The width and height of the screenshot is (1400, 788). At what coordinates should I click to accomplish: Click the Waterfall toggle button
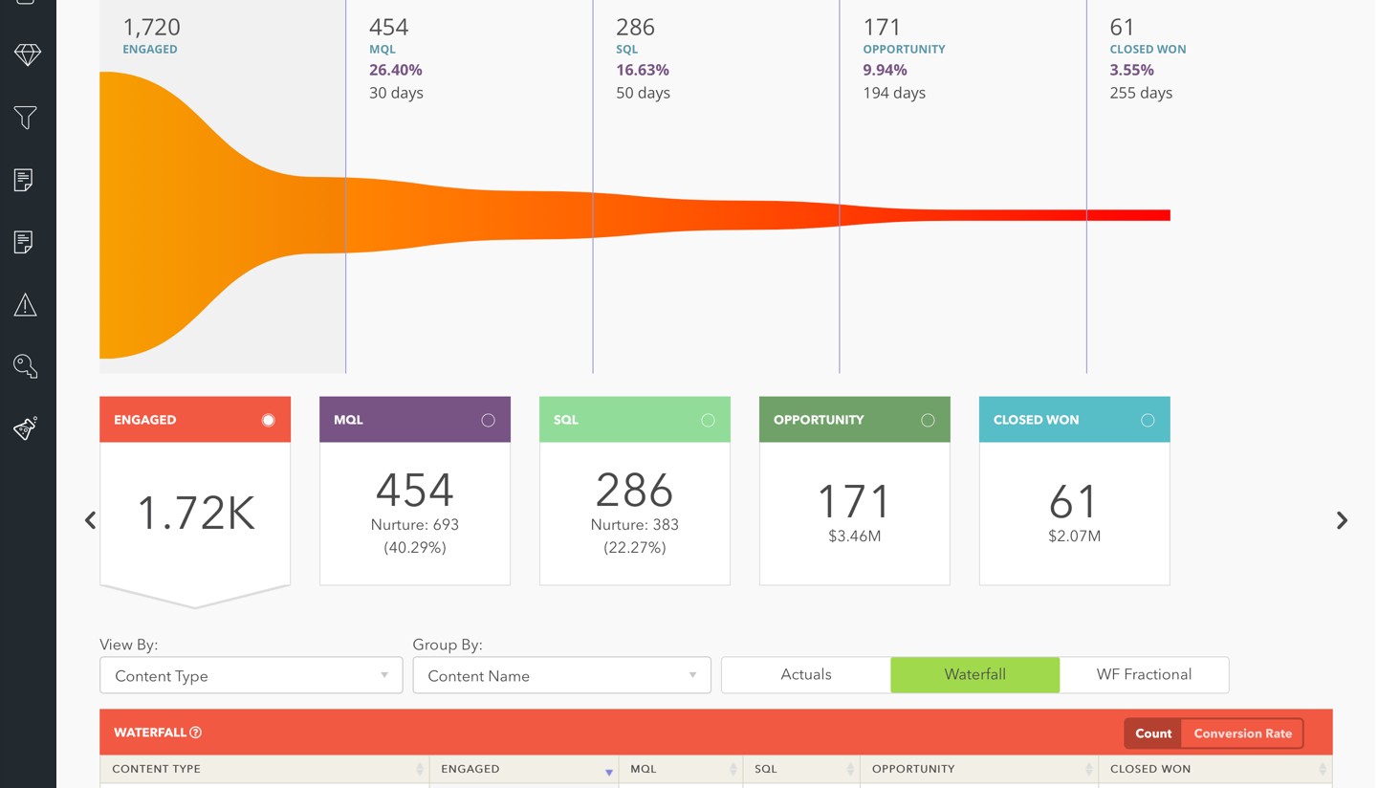point(974,674)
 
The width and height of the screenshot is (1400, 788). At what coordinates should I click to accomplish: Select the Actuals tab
point(805,674)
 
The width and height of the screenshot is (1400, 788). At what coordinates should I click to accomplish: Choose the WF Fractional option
point(1144,674)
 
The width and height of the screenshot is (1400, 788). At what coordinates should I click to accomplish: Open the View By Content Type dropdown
point(251,675)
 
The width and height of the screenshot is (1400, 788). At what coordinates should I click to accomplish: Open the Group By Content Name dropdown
point(561,675)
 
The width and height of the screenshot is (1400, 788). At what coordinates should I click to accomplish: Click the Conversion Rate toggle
point(1242,733)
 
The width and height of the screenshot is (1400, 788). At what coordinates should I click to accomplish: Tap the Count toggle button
point(1152,733)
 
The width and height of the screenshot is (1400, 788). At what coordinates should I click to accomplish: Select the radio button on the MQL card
point(488,420)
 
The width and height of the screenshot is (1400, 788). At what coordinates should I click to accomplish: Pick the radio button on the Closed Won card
point(1148,420)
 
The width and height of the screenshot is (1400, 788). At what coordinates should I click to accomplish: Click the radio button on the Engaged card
point(268,420)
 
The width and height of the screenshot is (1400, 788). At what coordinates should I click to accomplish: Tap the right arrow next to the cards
point(1342,520)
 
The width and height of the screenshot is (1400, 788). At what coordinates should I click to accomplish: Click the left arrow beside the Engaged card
point(91,520)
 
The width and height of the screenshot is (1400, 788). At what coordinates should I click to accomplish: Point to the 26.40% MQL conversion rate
point(395,70)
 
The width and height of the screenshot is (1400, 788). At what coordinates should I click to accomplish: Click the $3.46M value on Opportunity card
point(854,536)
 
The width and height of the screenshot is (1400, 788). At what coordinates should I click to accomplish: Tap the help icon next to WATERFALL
point(196,733)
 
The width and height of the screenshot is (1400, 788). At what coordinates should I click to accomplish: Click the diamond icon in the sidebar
point(27,55)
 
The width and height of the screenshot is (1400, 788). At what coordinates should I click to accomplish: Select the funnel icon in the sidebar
point(26,117)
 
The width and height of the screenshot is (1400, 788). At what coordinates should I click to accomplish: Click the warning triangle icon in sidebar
point(26,305)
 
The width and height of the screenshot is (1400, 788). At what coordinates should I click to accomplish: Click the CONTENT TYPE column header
point(157,769)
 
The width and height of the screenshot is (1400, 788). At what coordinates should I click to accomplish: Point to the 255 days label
point(1140,93)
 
